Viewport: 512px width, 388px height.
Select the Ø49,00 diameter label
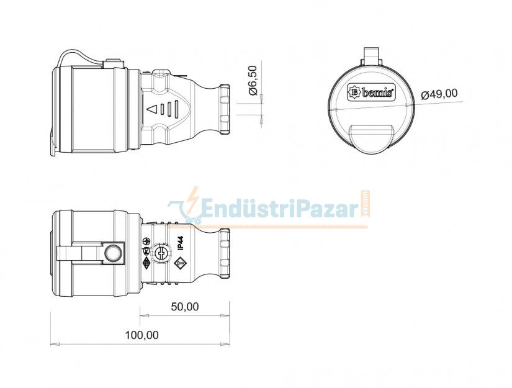pos(439,94)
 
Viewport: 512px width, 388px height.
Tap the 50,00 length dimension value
pos(184,307)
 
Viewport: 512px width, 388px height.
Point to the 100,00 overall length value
pos(141,335)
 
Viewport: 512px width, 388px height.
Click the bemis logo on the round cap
pos(371,92)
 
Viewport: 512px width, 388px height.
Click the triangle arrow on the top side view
pos(151,110)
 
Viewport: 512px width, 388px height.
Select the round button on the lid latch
pos(113,253)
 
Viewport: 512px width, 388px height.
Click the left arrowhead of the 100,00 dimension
pos(53,344)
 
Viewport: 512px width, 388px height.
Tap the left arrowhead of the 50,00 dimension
pos(143,315)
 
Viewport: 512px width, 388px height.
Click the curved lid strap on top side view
pos(74,56)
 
